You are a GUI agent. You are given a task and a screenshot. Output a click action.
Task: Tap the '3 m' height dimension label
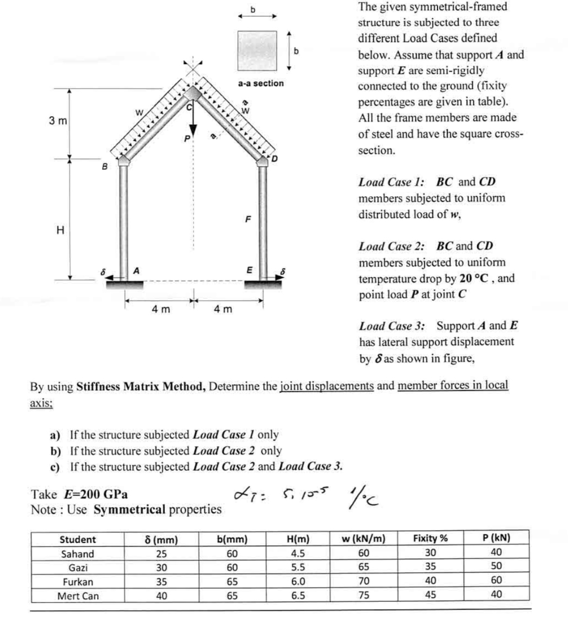pyautogui.click(x=58, y=121)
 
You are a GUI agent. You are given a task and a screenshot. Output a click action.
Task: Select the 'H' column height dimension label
pyautogui.click(x=60, y=230)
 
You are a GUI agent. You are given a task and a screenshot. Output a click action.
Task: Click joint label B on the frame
pyautogui.click(x=103, y=167)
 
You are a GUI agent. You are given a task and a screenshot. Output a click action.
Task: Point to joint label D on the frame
pyautogui.click(x=275, y=158)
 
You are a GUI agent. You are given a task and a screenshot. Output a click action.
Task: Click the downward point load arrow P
pyautogui.click(x=194, y=121)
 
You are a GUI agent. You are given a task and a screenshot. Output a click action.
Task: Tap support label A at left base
pyautogui.click(x=137, y=270)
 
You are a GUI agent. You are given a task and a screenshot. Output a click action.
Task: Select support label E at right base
pyautogui.click(x=250, y=270)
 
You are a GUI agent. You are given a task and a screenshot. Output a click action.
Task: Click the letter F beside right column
pyautogui.click(x=248, y=220)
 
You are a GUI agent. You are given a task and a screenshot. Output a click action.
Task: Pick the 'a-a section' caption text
pyautogui.click(x=261, y=84)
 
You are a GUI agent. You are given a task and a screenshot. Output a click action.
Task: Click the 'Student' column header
pyautogui.click(x=78, y=539)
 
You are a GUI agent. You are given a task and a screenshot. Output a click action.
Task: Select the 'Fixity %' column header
pyautogui.click(x=430, y=538)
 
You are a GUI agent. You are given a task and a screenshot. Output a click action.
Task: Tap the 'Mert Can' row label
pyautogui.click(x=78, y=596)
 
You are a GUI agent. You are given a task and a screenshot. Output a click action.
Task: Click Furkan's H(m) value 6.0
pyautogui.click(x=298, y=581)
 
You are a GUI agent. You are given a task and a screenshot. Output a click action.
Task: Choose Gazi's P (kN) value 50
pyautogui.click(x=496, y=566)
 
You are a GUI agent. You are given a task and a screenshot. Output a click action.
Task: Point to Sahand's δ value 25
pyautogui.click(x=162, y=553)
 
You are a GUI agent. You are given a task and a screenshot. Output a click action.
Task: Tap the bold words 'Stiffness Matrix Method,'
pyautogui.click(x=141, y=387)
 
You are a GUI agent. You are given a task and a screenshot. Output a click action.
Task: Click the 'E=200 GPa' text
pyautogui.click(x=96, y=495)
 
